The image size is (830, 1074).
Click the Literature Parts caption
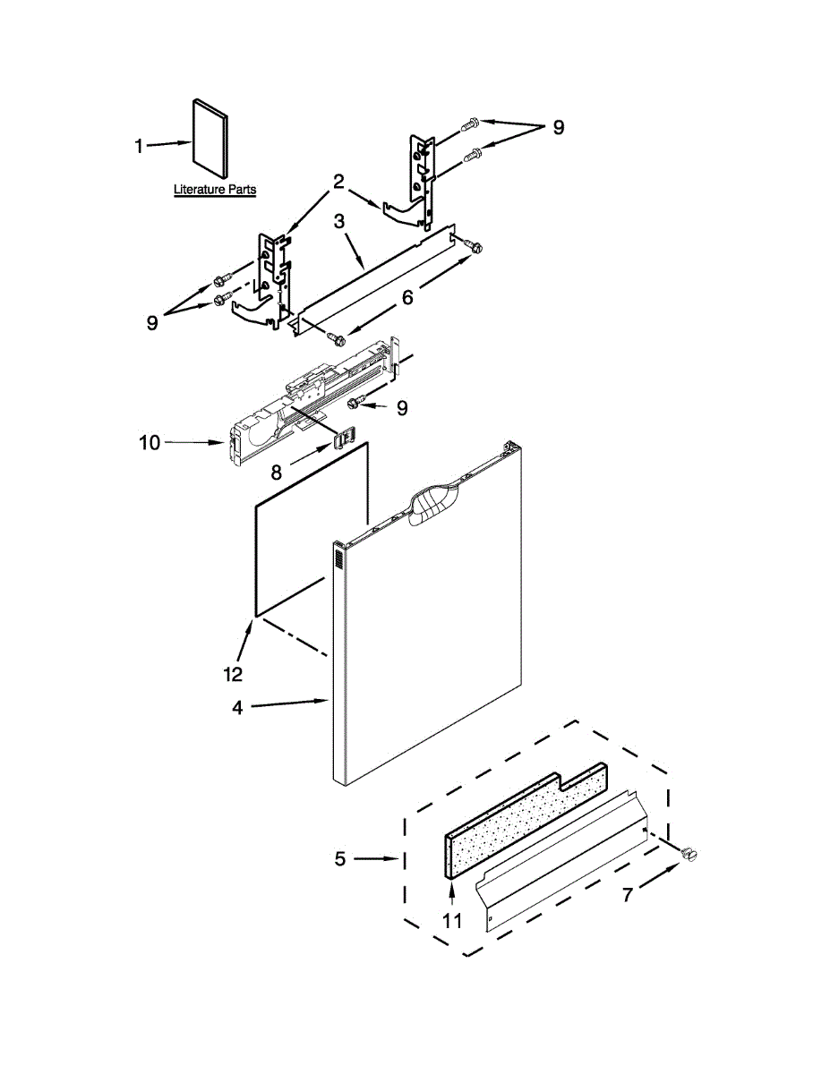click(215, 190)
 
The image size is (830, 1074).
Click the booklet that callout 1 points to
click(210, 139)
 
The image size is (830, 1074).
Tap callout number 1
click(139, 146)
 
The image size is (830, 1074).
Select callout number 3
click(339, 221)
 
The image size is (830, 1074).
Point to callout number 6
click(407, 297)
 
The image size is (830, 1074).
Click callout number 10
click(150, 443)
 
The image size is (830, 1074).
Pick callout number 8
click(277, 473)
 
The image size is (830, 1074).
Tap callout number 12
click(233, 674)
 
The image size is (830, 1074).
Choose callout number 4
click(238, 708)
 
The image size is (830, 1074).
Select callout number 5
click(340, 859)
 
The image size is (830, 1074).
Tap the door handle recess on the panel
click(433, 504)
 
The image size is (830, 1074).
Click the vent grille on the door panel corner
click(339, 559)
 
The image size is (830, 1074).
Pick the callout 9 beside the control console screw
click(402, 408)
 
